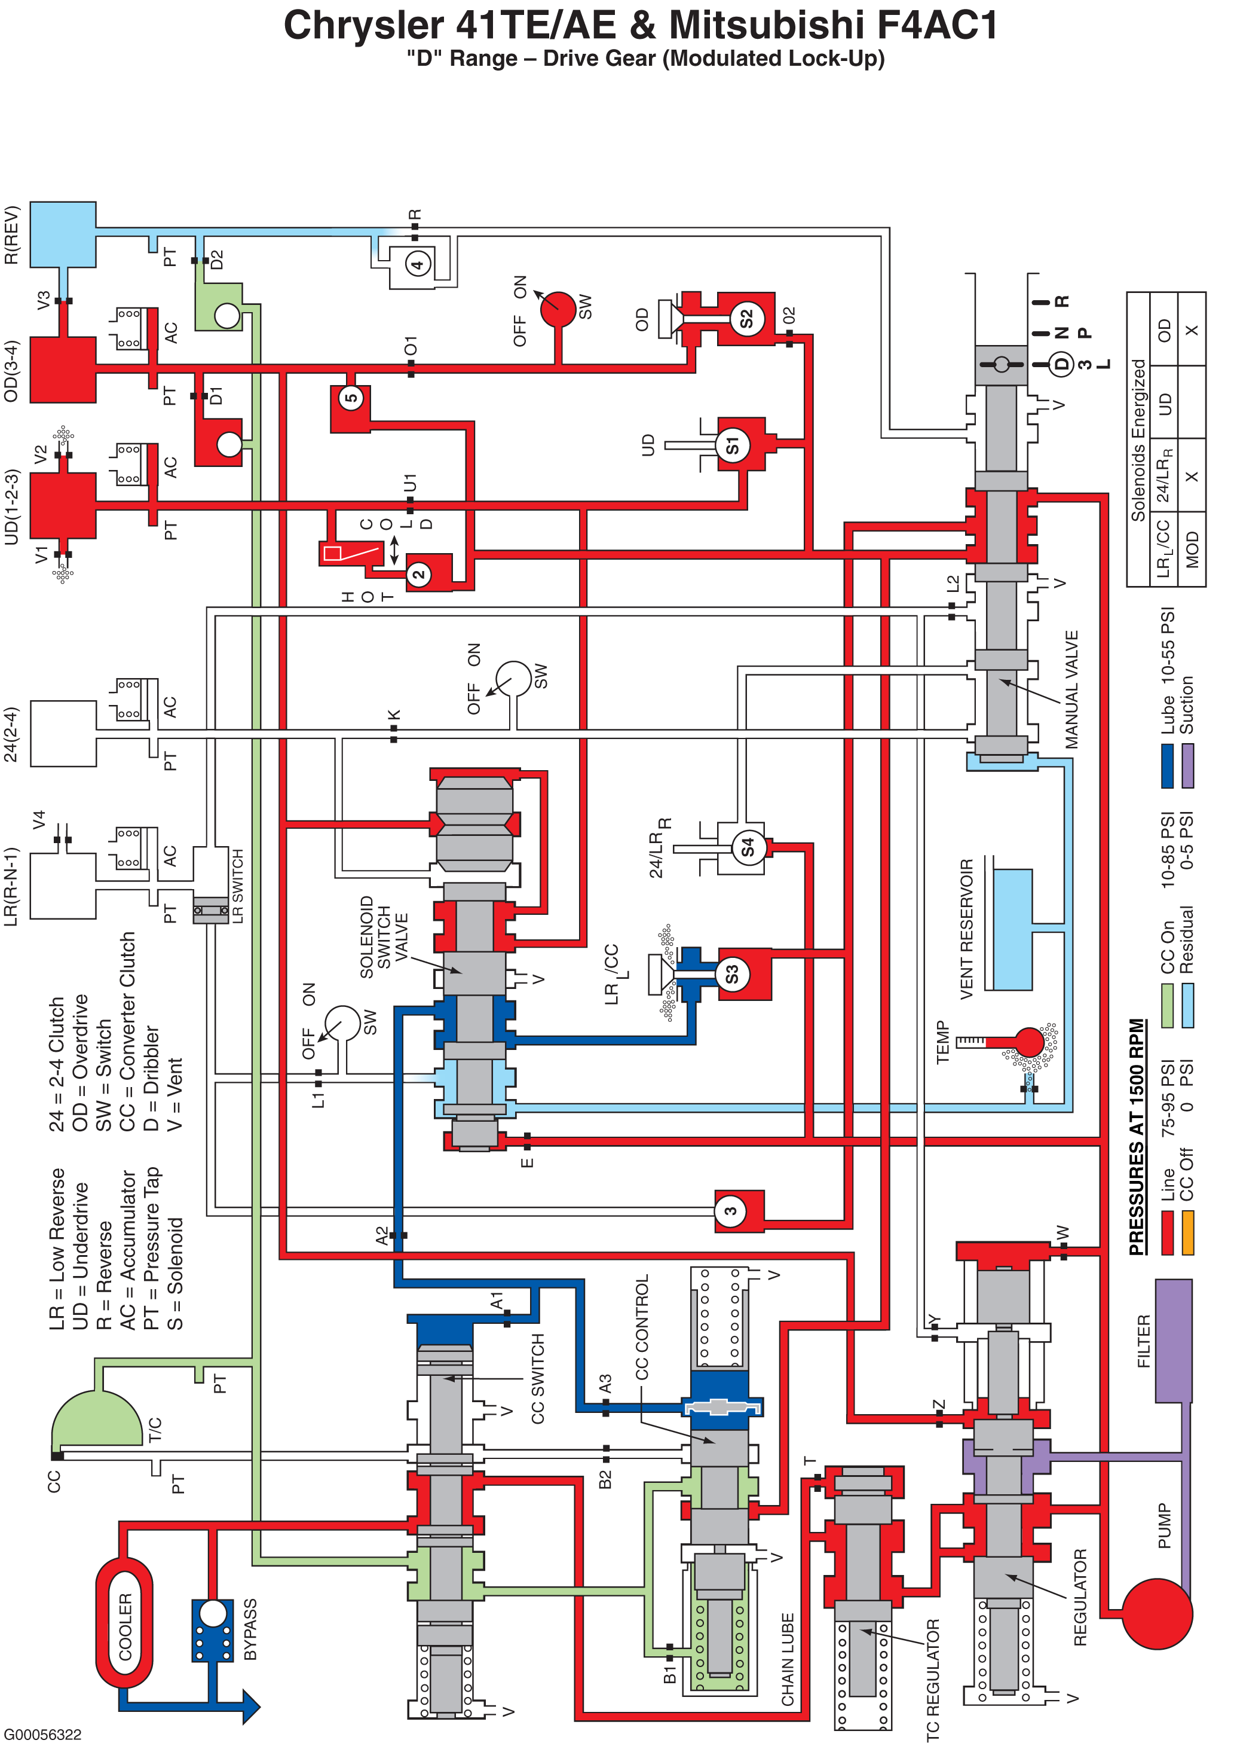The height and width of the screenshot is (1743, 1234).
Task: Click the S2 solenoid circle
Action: pyautogui.click(x=746, y=319)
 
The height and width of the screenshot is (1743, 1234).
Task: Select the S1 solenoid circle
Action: pyautogui.click(x=733, y=445)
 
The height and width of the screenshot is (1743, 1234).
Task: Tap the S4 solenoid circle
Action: pyautogui.click(x=748, y=847)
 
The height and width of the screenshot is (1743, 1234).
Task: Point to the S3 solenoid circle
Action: pyautogui.click(x=733, y=973)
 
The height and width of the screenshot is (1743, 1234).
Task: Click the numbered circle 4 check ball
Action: pyautogui.click(x=417, y=264)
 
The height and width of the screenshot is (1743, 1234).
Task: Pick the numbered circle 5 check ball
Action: pyautogui.click(x=351, y=398)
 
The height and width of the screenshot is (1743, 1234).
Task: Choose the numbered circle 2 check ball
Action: pyautogui.click(x=419, y=574)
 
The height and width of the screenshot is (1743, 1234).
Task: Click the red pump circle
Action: pyautogui.click(x=1156, y=1613)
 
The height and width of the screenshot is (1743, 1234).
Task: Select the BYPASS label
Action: pyautogui.click(x=250, y=1629)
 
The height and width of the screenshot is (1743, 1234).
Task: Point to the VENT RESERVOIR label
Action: pyautogui.click(x=966, y=929)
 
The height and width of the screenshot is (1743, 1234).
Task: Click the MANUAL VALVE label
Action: pyautogui.click(x=1071, y=689)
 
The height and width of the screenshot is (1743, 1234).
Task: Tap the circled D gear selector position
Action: pyautogui.click(x=1062, y=364)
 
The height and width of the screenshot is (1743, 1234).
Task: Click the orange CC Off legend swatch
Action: pyautogui.click(x=1187, y=1232)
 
